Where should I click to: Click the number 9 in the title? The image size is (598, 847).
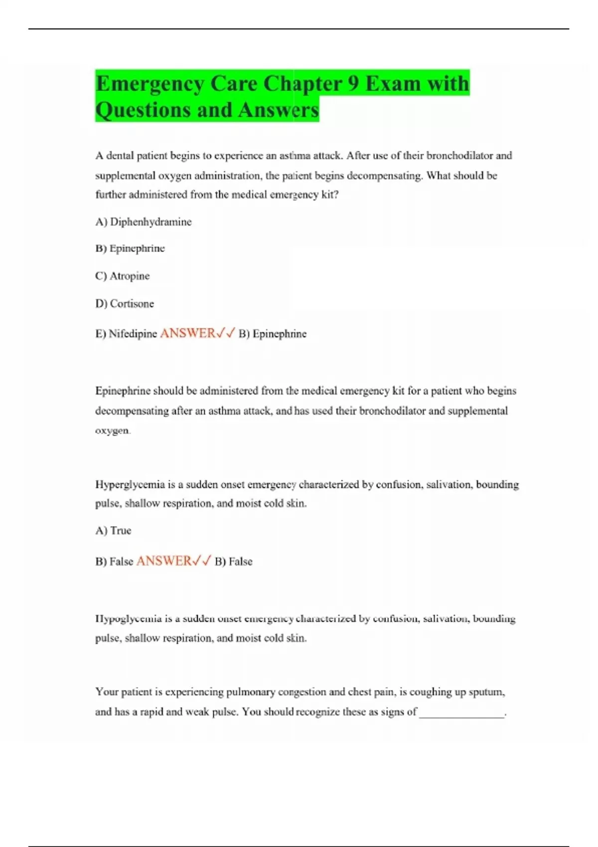[x=353, y=84]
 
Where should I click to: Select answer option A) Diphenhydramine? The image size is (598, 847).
[x=144, y=222]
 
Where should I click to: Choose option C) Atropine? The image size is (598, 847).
[x=123, y=276]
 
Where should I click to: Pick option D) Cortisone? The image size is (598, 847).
[x=125, y=303]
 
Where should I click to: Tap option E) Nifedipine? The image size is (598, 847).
[x=126, y=334]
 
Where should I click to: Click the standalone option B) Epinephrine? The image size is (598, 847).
[x=130, y=248]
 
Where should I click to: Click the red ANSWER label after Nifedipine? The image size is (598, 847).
[x=188, y=333]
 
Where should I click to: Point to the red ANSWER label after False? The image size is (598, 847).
[x=164, y=561]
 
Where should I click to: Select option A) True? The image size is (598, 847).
[x=113, y=531]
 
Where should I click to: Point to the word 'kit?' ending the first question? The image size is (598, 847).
[x=330, y=195]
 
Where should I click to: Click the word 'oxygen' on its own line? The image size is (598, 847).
[x=112, y=430]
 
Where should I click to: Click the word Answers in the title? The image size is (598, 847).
[x=278, y=110]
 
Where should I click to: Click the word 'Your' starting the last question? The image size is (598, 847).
[x=107, y=692]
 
